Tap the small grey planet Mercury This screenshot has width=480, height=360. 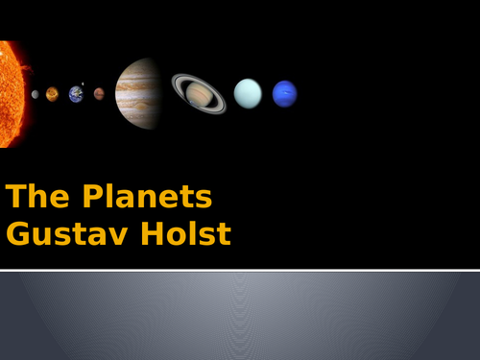click(x=36, y=94)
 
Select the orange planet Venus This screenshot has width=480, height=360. click(x=52, y=94)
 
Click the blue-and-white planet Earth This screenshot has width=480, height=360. click(x=76, y=94)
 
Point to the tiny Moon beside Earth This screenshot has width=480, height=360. click(x=84, y=84)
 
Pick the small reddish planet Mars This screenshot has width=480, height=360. click(x=99, y=94)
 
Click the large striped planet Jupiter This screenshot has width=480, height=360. click(x=138, y=93)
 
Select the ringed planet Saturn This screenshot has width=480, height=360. click(x=199, y=93)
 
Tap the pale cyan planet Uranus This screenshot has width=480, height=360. click(x=248, y=93)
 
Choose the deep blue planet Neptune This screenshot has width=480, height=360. click(x=284, y=93)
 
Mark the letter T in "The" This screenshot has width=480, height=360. click(x=14, y=198)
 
